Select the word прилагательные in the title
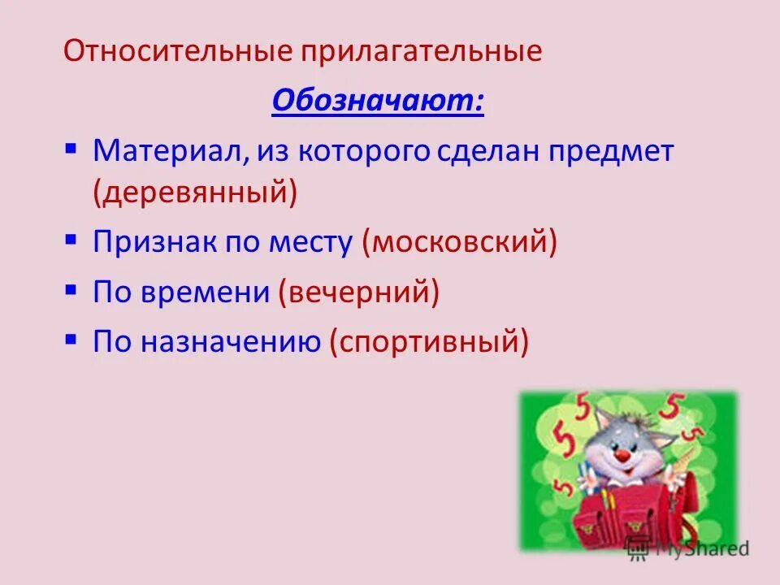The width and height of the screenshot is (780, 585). tap(422, 52)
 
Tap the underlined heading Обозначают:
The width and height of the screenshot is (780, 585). tap(378, 102)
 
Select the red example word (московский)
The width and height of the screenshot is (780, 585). tap(460, 242)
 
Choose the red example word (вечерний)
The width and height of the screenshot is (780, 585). tap(358, 292)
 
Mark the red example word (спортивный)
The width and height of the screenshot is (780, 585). tap(429, 341)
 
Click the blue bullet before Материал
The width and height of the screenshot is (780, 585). tap(71, 149)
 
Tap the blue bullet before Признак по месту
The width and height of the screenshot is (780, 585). tap(71, 240)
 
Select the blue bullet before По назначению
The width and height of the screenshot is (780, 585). tap(71, 339)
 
